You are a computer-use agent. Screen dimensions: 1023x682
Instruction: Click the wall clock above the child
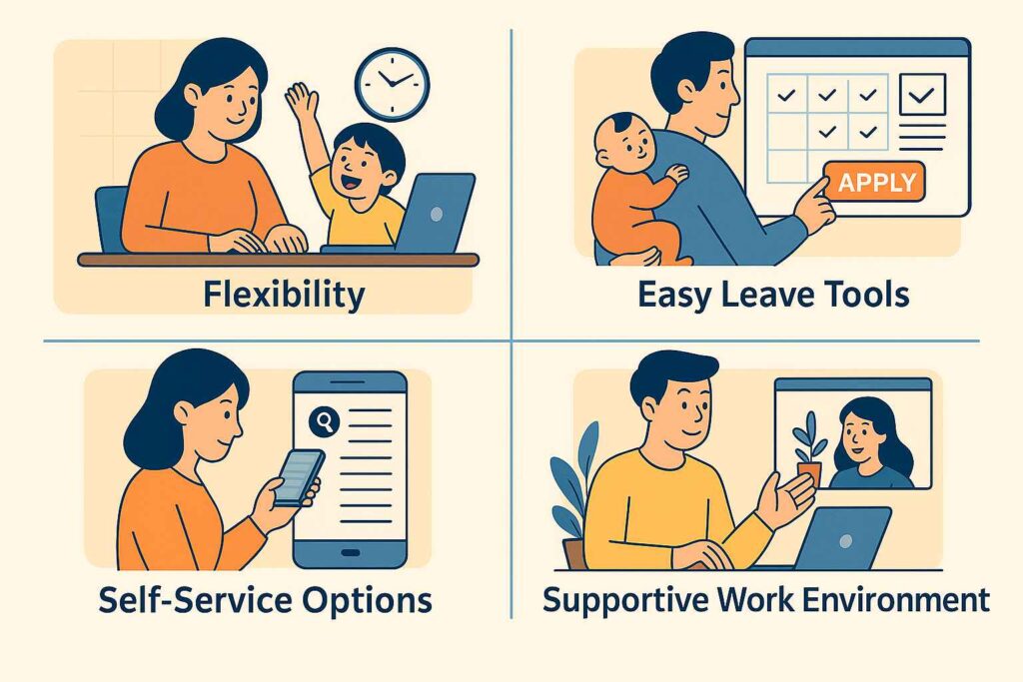coord(392,84)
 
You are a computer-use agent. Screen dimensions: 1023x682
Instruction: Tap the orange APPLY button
coord(875,182)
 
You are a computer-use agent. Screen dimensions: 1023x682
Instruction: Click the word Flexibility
coord(284,295)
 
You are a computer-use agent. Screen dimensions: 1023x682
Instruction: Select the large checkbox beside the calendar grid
coord(922,95)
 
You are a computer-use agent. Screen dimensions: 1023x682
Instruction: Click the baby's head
coord(622,141)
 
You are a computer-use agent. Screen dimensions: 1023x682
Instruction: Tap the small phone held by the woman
coord(298,478)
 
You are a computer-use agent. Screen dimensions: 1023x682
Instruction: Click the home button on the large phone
coord(351,553)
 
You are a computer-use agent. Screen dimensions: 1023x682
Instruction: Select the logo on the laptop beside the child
coord(437,214)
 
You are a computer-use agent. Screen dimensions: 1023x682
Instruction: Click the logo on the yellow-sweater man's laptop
coord(845,540)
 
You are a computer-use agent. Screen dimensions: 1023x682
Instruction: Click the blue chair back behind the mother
coord(111,219)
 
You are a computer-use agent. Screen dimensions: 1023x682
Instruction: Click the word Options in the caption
coord(368,600)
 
